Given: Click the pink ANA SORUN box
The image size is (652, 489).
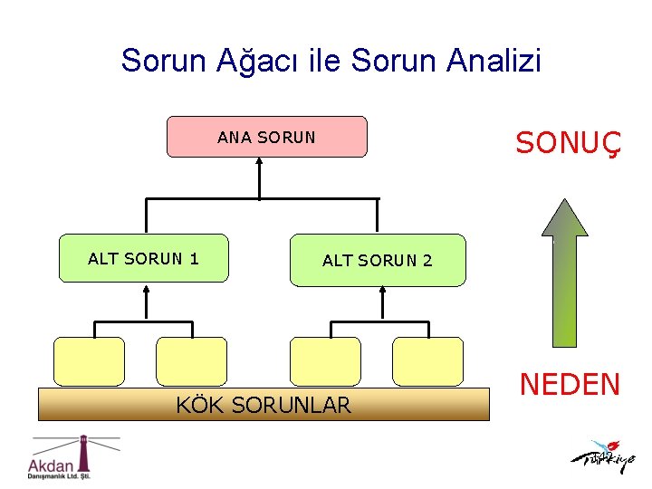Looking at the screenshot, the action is tap(267, 137).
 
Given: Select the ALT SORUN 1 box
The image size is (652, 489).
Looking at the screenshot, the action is tap(143, 258).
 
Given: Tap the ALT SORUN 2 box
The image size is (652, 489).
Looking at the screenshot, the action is tap(377, 260).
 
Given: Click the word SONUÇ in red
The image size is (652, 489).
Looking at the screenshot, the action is tap(568, 143).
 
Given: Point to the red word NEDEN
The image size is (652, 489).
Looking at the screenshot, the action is tap(569, 385).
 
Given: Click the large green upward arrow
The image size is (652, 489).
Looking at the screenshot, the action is tap(565, 272).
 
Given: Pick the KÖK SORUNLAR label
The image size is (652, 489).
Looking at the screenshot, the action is tap(263, 405).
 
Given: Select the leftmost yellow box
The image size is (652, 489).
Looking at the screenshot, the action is tap(89, 361).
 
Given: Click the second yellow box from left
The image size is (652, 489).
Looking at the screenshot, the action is tap(191, 361).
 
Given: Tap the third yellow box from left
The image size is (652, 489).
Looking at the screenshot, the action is tap(325, 361).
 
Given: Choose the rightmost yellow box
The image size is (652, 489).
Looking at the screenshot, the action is tap(427, 361).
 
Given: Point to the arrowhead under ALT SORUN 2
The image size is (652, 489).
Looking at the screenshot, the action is tap(382, 292).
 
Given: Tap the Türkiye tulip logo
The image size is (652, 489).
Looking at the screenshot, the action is tap(603, 457).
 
